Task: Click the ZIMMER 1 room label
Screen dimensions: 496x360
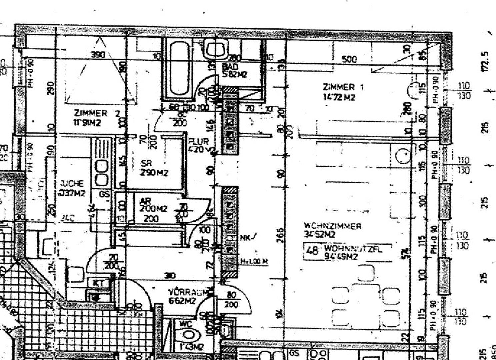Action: (343, 87)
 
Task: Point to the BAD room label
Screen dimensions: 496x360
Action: (230, 67)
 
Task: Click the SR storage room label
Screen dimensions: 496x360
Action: (146, 163)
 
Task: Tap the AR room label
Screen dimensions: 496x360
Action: (146, 201)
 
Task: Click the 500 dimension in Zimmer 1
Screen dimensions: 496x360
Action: (350, 60)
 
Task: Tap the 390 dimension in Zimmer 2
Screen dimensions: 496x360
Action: (98, 55)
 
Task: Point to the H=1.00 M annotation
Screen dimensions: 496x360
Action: (254, 261)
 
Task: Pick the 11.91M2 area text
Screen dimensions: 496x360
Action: (87, 123)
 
